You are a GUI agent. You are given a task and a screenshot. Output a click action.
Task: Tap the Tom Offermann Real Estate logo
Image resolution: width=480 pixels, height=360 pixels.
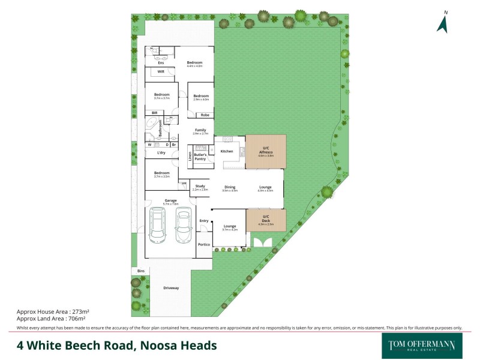[x=418, y=345]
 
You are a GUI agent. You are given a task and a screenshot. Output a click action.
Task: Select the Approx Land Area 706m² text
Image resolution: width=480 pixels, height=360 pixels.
[x=52, y=319]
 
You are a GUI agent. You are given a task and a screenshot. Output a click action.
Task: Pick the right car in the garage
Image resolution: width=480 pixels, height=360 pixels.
[x=183, y=226]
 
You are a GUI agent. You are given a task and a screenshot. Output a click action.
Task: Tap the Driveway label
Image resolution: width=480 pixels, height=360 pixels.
[x=171, y=289]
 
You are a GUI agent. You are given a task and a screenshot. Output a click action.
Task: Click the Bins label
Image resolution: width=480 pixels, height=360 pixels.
[x=140, y=271]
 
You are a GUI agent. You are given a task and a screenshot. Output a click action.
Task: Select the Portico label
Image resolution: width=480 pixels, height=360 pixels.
[x=204, y=245]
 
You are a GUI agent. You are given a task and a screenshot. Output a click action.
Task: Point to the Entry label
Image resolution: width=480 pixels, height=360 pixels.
[x=204, y=221]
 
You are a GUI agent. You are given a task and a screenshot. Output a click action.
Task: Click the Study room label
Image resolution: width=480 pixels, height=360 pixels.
[x=200, y=187]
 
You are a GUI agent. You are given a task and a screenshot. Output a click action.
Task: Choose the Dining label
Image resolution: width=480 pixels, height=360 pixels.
[x=230, y=187]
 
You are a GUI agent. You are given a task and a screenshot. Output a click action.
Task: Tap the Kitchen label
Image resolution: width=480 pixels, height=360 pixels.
[x=227, y=151]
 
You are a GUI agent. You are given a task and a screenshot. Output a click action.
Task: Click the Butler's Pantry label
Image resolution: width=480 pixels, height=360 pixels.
[x=200, y=157]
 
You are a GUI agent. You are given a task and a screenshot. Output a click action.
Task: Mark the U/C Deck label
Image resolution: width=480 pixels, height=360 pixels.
[x=266, y=219]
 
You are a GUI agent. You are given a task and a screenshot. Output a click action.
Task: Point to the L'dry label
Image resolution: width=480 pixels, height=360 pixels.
[x=161, y=154]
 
